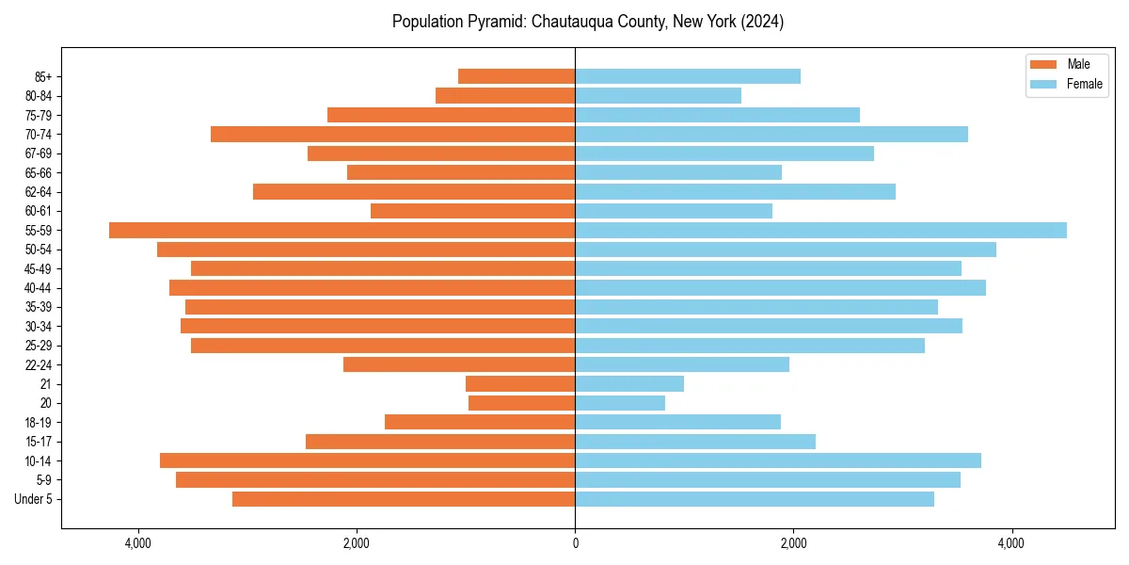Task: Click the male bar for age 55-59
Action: (342, 231)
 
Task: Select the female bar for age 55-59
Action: (820, 231)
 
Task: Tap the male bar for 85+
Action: (517, 76)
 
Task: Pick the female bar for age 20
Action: (620, 403)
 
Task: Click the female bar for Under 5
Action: (755, 499)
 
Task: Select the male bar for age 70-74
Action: (392, 135)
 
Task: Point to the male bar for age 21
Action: (520, 384)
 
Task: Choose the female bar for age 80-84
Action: (658, 96)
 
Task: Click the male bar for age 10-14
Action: (367, 460)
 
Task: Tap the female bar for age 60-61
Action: (674, 211)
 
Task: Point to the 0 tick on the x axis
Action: (575, 544)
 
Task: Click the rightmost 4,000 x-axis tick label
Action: (1011, 544)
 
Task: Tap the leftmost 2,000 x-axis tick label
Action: (357, 544)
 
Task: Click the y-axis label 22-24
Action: (38, 365)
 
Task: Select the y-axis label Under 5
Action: (34, 499)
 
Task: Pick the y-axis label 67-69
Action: (38, 153)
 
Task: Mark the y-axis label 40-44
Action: (38, 288)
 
